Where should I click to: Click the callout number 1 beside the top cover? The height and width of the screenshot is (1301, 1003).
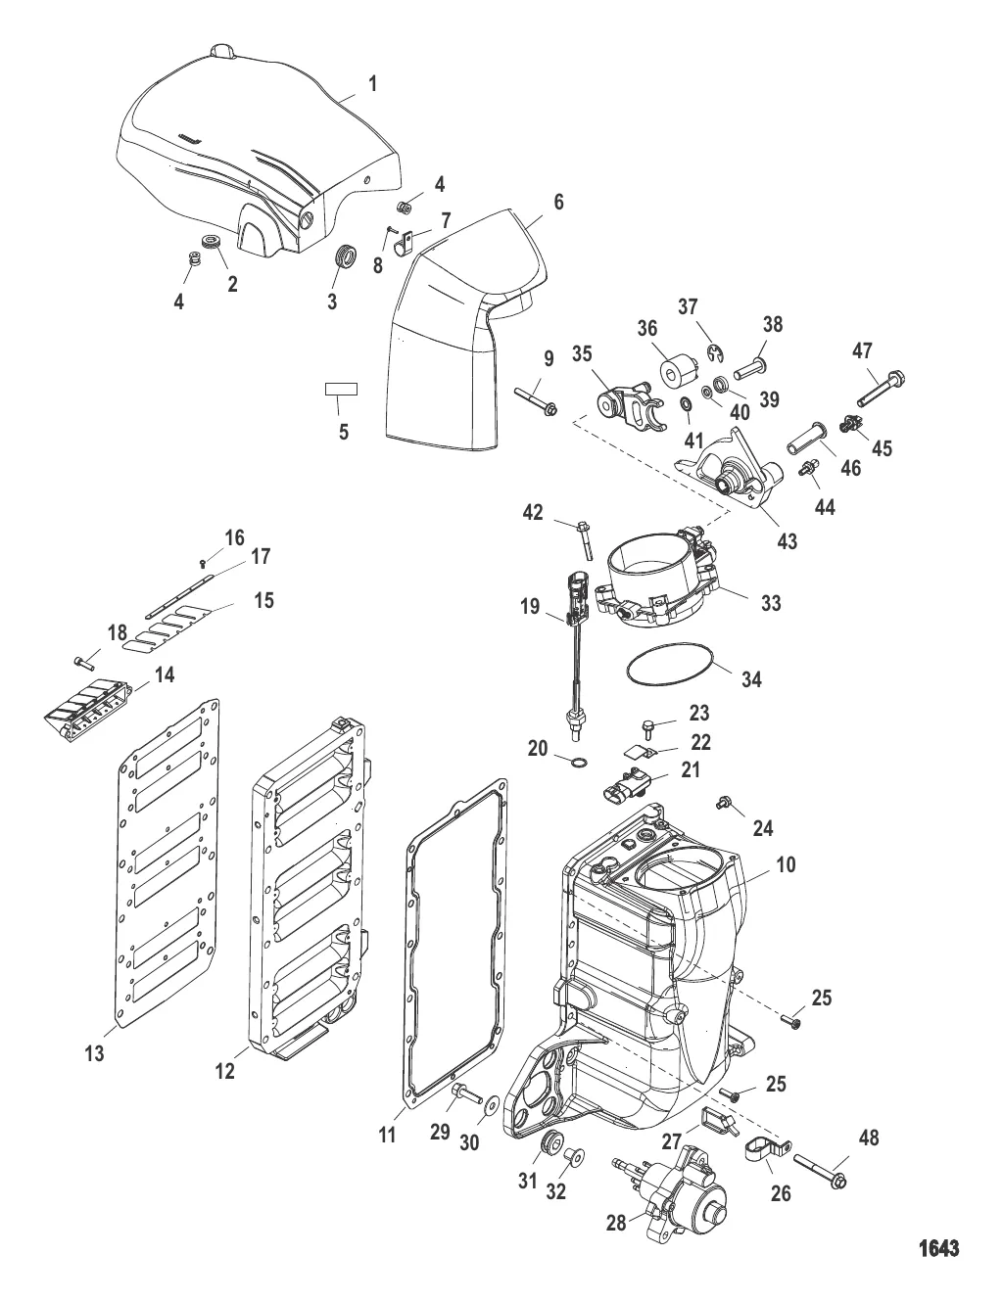tap(372, 84)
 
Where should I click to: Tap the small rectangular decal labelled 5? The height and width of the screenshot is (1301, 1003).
tap(341, 390)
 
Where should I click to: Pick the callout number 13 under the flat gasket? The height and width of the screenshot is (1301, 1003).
tap(95, 1053)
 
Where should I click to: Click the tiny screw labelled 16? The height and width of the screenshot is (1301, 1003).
tap(204, 563)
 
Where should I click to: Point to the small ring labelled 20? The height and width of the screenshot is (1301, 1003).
tap(579, 762)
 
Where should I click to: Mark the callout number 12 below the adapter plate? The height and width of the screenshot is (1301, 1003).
tap(225, 1071)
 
